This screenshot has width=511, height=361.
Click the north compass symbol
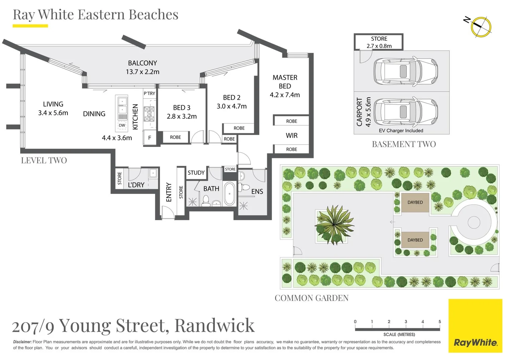[481, 26]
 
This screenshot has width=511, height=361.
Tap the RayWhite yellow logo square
[475, 326]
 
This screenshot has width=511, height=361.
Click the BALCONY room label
[142, 63]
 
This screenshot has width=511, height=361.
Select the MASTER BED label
[285, 82]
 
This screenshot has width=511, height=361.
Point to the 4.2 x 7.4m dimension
[285, 95]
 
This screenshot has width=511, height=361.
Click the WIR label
[291, 135]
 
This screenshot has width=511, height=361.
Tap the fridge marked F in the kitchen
[149, 137]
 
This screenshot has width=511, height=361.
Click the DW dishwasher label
[122, 126]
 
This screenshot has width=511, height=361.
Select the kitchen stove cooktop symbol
[149, 114]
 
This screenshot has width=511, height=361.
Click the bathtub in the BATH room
[229, 194]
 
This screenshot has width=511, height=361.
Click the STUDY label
[196, 173]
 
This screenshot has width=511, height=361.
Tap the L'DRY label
[136, 185]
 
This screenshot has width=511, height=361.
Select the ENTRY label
[169, 192]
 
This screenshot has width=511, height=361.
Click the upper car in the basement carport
[405, 71]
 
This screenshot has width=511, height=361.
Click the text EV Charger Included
[401, 131]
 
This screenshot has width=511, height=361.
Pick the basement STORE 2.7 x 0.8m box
[379, 42]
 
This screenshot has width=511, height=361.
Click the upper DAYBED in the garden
[415, 202]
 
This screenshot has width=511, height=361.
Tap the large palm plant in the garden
[334, 224]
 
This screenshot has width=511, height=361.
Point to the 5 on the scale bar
[439, 322]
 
